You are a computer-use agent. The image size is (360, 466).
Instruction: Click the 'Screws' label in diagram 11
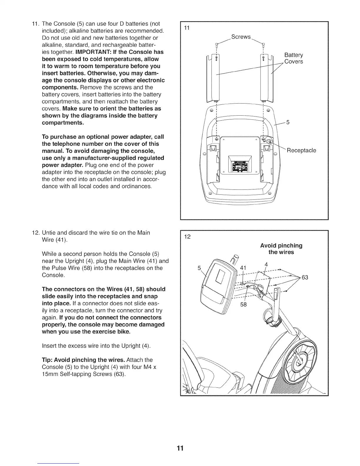point(241,37)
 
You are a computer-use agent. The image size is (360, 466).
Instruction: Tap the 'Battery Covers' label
point(294,58)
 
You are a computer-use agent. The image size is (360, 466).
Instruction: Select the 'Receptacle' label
point(301,151)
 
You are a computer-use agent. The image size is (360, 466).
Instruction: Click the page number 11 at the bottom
point(180,448)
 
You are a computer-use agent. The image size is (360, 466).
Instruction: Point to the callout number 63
point(305,277)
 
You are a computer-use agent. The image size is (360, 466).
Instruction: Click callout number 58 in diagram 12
point(243,304)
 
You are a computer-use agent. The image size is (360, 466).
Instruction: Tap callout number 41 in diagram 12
point(243,268)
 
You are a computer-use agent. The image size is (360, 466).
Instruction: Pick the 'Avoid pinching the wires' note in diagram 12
point(281,249)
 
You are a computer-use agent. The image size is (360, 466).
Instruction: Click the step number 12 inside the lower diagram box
point(187,237)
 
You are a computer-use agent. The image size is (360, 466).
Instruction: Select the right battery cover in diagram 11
point(267,78)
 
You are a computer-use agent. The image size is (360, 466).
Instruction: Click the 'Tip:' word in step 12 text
point(48,360)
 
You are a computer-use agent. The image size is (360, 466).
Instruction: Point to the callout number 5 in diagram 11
point(288,122)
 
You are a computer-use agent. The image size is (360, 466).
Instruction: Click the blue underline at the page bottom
point(59,463)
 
